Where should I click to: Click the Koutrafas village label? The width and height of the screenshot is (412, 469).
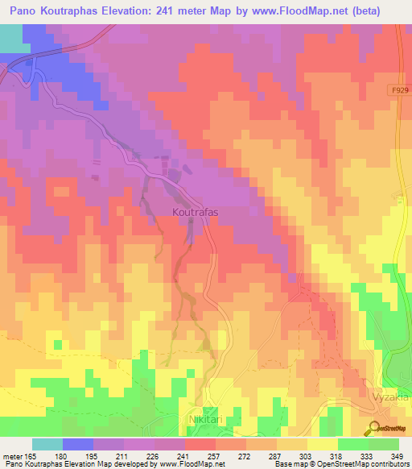196,212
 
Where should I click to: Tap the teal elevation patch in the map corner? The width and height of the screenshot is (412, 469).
10,36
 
